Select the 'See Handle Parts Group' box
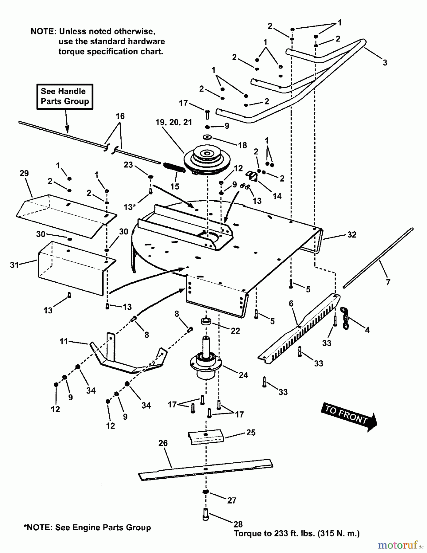coord(65,96)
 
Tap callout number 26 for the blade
coord(163,443)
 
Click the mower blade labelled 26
coord(206,469)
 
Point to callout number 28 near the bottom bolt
coord(238,524)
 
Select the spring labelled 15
coord(174,167)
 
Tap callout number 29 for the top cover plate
coord(24,173)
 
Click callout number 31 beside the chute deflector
coord(14,265)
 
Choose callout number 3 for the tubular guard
coord(385,63)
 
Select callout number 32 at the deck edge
coord(352,235)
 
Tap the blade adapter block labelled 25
coord(206,436)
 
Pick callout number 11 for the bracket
coord(64,341)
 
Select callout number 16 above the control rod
coord(120,116)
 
